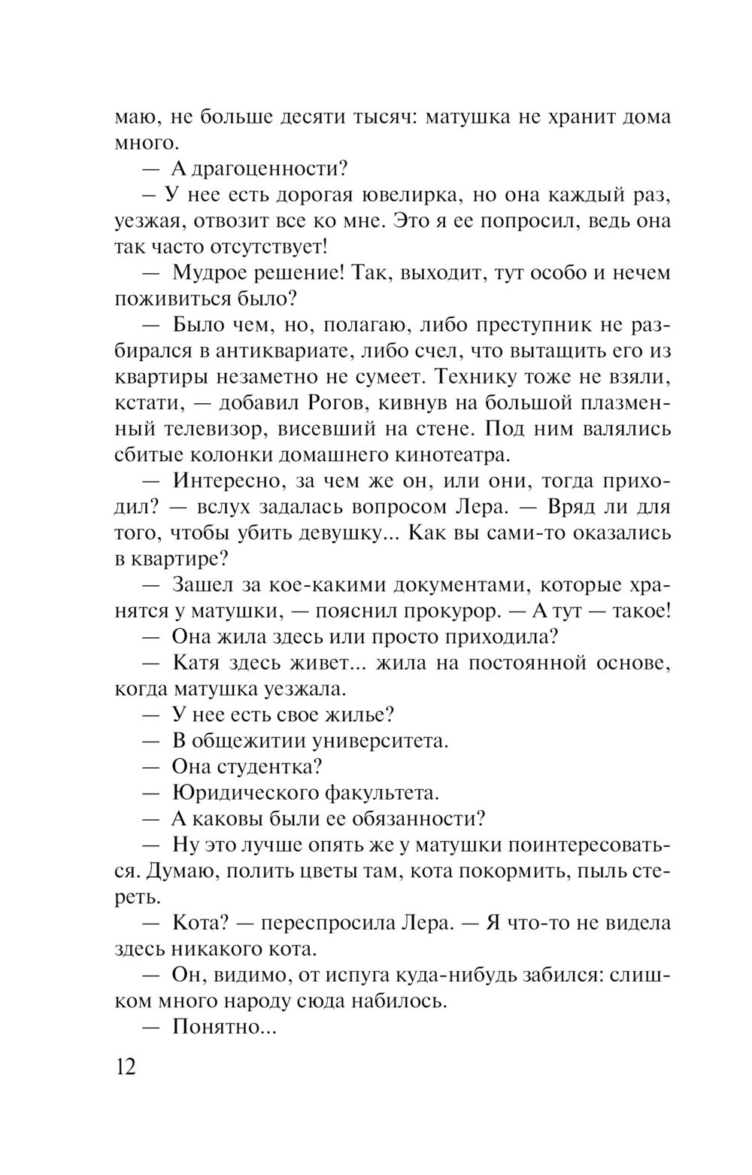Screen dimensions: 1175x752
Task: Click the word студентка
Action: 269,766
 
